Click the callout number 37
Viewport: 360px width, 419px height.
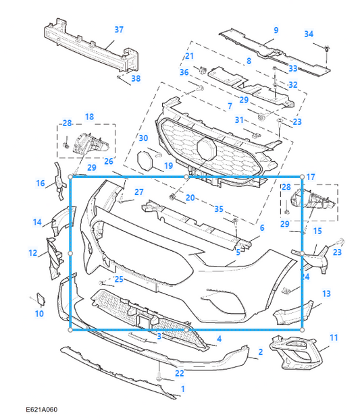118,30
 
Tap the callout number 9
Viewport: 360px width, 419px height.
276,30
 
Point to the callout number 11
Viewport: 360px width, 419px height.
333,337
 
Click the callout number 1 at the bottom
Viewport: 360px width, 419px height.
182,389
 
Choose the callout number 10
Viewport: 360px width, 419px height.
39,314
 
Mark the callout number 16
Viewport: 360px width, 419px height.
41,183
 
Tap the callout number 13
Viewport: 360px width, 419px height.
326,294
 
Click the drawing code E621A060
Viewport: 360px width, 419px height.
43,410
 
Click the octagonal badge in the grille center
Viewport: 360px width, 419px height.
205,148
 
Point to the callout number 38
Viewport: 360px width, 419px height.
136,79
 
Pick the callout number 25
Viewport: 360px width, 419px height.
119,279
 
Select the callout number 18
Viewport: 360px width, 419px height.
89,116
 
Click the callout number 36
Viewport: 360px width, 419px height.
184,72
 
